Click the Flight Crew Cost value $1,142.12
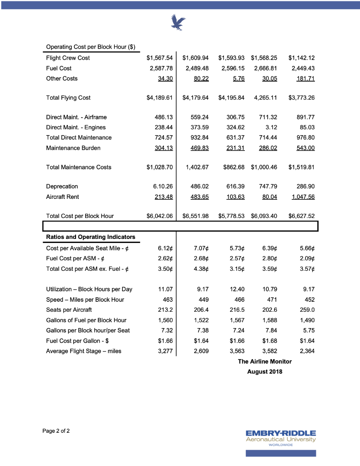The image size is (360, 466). coord(301,58)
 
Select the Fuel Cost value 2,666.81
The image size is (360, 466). coord(264,68)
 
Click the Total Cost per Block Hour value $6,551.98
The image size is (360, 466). coord(195,216)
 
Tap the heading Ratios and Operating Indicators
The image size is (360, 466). coord(91,237)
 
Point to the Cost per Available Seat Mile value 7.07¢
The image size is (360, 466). coord(201,248)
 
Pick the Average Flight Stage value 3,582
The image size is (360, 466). coord(269,351)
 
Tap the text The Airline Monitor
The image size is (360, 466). coord(264,361)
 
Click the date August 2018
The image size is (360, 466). coord(264,372)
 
